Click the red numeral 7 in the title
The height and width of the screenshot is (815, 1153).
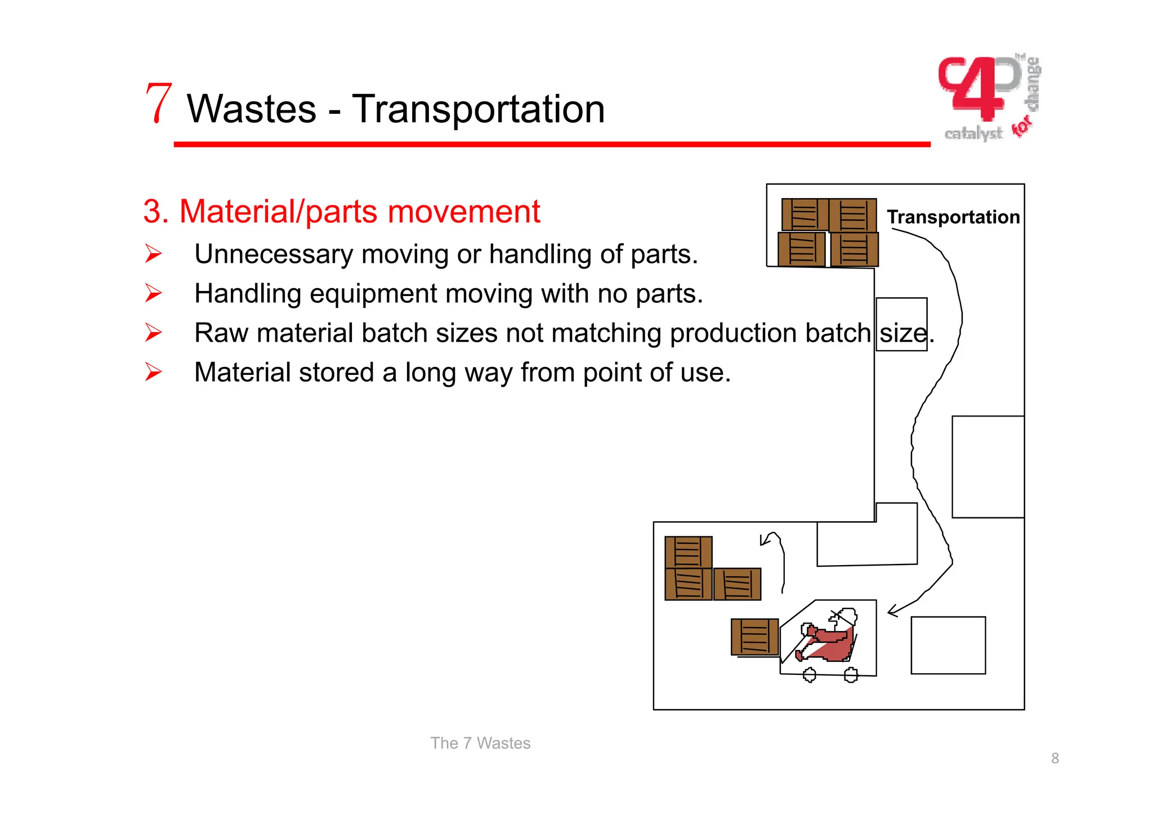pyautogui.click(x=158, y=104)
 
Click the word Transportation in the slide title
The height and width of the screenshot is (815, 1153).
pyautogui.click(x=478, y=109)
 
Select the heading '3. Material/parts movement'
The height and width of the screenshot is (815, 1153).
pyautogui.click(x=341, y=212)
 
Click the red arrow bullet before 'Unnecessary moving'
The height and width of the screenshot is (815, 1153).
pyautogui.click(x=153, y=254)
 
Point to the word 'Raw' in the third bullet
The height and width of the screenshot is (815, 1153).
pyautogui.click(x=221, y=333)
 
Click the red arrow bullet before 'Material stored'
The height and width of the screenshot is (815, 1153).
pyautogui.click(x=153, y=372)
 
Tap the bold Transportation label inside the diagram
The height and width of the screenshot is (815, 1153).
pyautogui.click(x=953, y=217)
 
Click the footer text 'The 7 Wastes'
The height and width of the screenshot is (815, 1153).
pyautogui.click(x=480, y=743)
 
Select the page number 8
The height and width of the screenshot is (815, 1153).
pyautogui.click(x=1054, y=758)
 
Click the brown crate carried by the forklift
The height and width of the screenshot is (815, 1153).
pyautogui.click(x=754, y=637)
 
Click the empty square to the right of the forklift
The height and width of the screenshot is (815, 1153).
pyautogui.click(x=948, y=645)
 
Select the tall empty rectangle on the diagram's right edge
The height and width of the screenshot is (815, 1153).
pyautogui.click(x=987, y=467)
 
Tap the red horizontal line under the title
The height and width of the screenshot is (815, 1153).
pyautogui.click(x=551, y=145)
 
